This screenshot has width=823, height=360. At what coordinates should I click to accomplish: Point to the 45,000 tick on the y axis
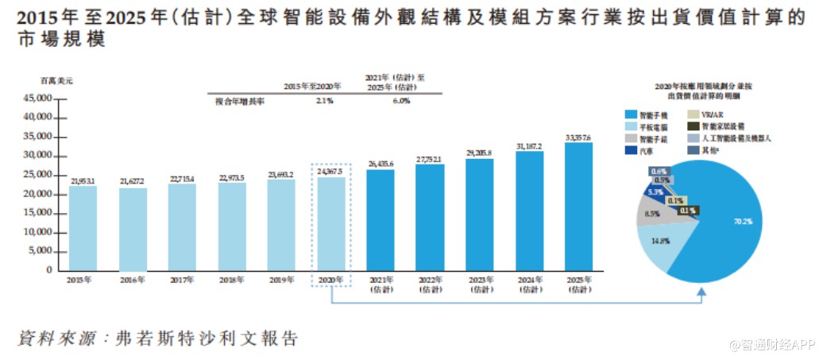pos(37,99)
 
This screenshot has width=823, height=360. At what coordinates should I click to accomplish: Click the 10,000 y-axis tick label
pos(37,232)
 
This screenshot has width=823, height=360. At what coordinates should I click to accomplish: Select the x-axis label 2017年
pos(182,281)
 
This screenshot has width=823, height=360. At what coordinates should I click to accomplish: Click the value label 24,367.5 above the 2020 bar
pos(331,171)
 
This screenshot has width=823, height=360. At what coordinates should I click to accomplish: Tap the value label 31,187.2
pos(529,146)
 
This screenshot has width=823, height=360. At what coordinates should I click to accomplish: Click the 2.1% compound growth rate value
pos(323,101)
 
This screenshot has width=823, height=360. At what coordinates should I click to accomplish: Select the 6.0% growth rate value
pos(401,101)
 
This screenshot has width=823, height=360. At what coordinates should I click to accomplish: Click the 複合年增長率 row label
pos(239,101)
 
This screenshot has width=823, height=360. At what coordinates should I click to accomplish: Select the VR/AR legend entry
pos(711,114)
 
